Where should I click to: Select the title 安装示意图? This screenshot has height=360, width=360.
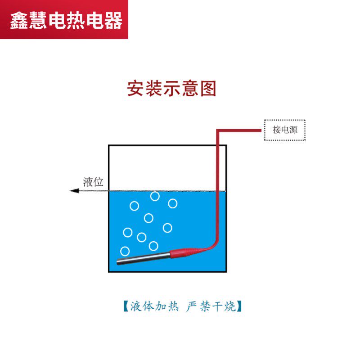(x=171, y=89)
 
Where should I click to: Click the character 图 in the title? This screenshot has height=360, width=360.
(x=207, y=89)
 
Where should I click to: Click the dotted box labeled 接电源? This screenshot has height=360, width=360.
(x=284, y=130)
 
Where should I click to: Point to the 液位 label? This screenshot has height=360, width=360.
(x=94, y=182)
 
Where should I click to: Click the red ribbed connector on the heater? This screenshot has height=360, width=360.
(x=184, y=252)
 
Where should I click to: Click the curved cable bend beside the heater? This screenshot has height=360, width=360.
(x=212, y=243)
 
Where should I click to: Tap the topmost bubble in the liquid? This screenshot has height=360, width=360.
(x=155, y=196)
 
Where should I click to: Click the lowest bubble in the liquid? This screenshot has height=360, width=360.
(x=125, y=251)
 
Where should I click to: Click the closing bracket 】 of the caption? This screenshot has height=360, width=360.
(x=240, y=307)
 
